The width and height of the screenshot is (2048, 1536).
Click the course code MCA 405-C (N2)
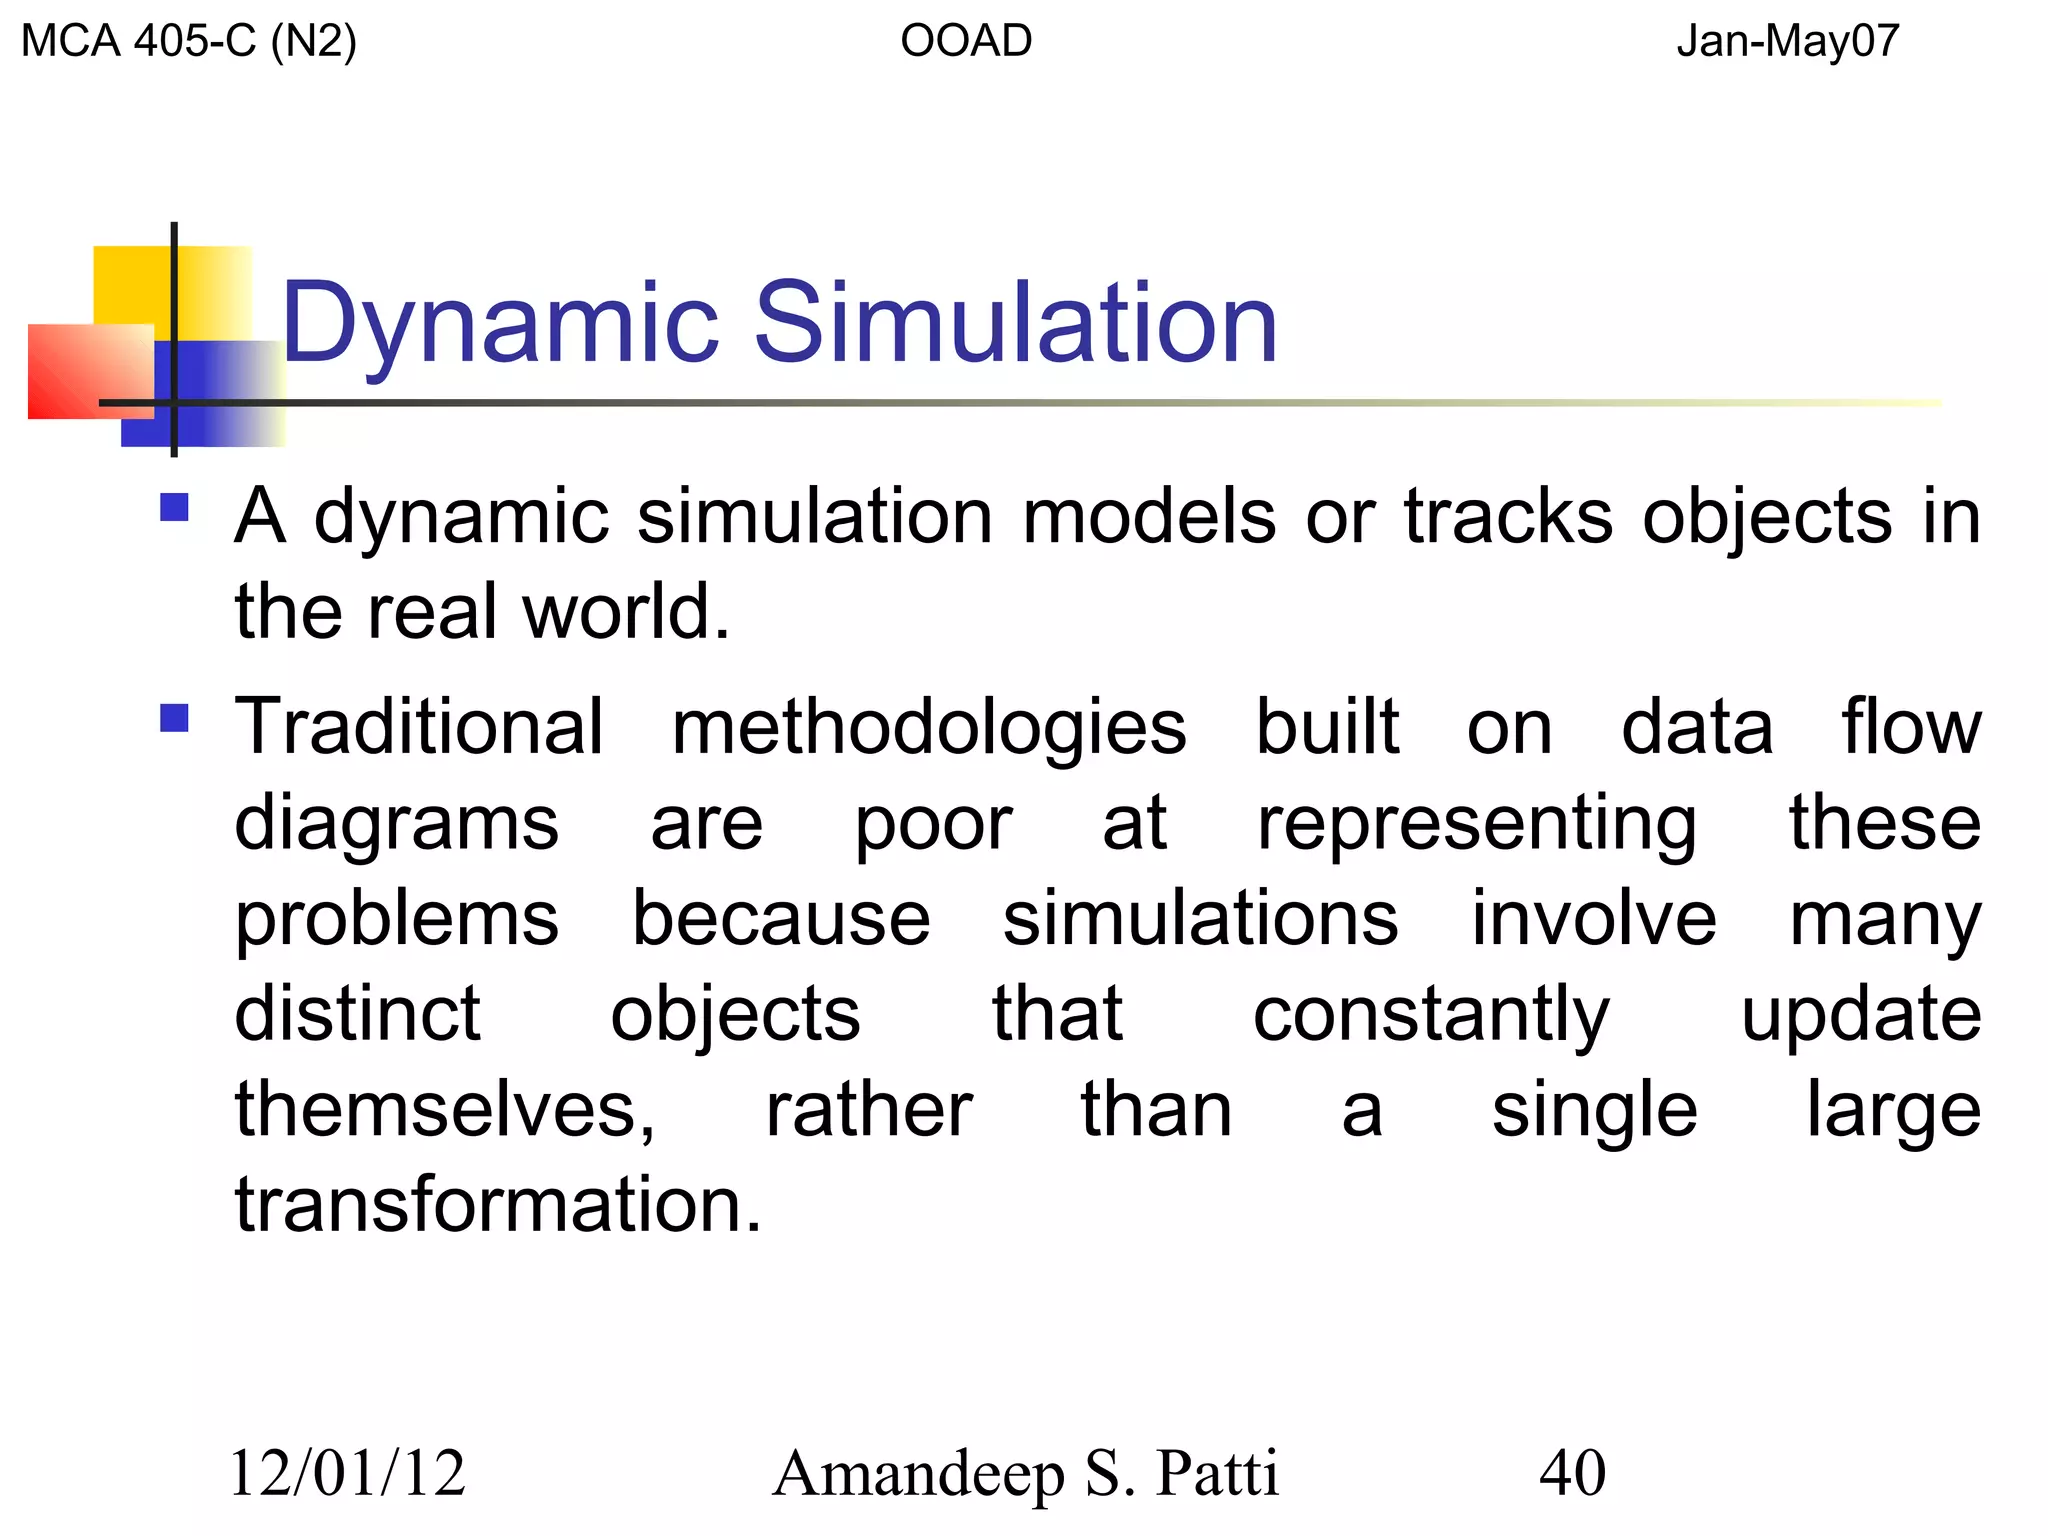(x=189, y=42)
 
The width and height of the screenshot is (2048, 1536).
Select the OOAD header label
(x=966, y=42)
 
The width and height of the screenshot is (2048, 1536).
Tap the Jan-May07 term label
(x=1788, y=42)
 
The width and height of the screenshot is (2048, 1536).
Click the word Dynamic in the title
(x=500, y=324)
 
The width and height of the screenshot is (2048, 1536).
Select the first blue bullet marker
(x=175, y=508)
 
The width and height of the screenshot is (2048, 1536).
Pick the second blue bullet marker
(x=175, y=718)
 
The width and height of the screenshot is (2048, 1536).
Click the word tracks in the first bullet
(x=1508, y=518)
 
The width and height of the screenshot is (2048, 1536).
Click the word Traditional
(x=419, y=727)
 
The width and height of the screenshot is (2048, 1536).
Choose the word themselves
(x=445, y=1110)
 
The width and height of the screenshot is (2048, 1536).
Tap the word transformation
(x=498, y=1205)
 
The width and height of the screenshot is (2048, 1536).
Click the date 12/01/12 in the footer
(x=348, y=1473)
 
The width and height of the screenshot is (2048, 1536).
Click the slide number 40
(x=1572, y=1473)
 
